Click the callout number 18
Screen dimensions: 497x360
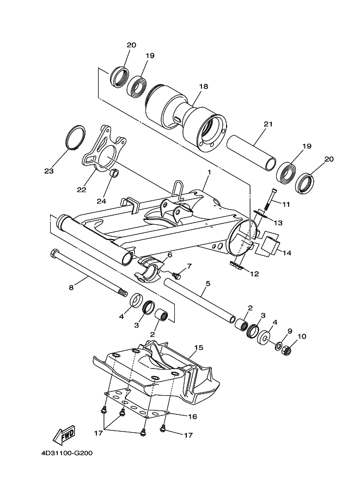point(204,87)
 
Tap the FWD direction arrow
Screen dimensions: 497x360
point(64,434)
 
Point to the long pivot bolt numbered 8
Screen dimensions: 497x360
point(87,272)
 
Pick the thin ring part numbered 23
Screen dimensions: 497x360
point(76,137)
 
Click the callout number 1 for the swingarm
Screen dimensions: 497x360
point(209,172)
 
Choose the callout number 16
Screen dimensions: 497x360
point(192,416)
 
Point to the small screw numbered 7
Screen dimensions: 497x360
point(176,274)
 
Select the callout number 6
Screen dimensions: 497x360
point(169,255)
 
